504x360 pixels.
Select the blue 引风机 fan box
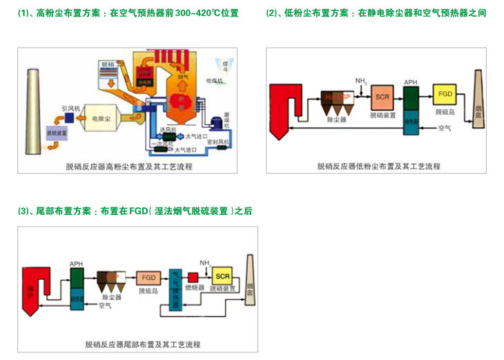pyautogui.click(x=70, y=118)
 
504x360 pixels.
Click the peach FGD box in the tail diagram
pyautogui.click(x=148, y=277)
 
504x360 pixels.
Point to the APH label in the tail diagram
pyautogui.click(x=75, y=263)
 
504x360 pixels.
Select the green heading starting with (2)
pyautogui.click(x=376, y=13)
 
